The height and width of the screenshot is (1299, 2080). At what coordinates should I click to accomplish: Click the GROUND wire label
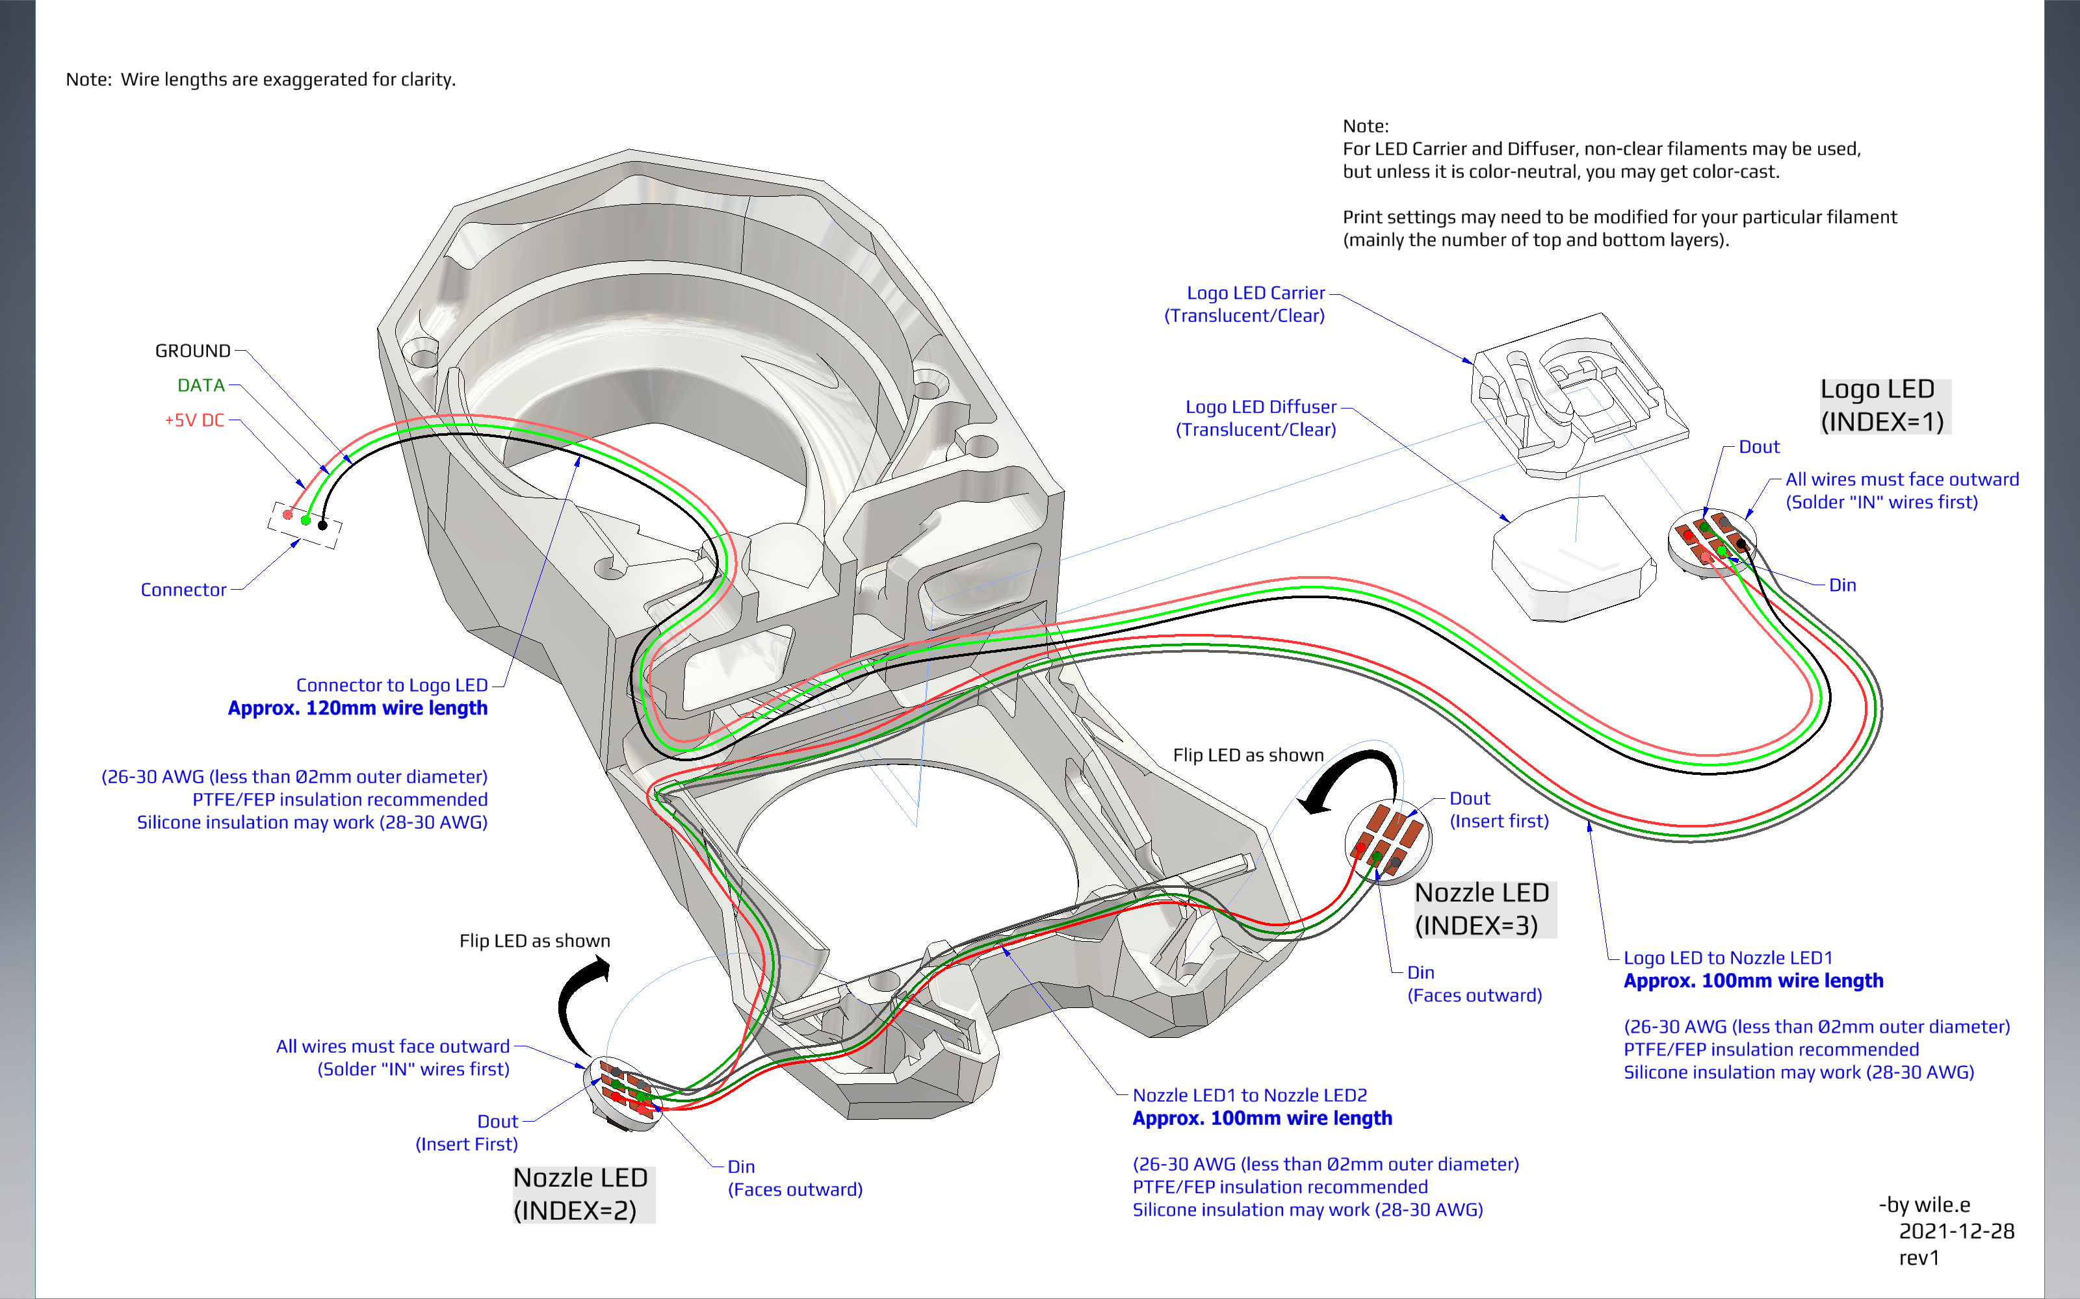(x=192, y=351)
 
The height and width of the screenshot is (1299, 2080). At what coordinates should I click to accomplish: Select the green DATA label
(x=200, y=385)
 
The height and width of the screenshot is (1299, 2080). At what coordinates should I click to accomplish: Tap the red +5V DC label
(x=194, y=420)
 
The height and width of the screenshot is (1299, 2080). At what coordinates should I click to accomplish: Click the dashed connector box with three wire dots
(x=304, y=523)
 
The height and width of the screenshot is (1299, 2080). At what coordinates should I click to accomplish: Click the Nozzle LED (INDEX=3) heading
(x=1483, y=909)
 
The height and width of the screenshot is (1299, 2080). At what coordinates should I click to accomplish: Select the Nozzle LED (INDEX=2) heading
(x=581, y=1193)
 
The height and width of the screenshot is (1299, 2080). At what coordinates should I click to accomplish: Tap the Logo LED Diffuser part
(x=1572, y=557)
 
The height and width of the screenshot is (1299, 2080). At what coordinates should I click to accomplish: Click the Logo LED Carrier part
(x=1577, y=395)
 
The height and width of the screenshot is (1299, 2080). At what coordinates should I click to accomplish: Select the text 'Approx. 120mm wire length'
(x=357, y=708)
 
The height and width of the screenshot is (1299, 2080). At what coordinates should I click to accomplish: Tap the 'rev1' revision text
(x=1919, y=1258)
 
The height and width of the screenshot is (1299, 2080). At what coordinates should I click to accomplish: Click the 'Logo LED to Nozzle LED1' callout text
(x=1728, y=958)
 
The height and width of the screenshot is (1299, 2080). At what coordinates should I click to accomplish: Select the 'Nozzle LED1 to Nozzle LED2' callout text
(x=1249, y=1096)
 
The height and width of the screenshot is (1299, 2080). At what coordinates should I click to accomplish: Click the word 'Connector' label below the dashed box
(x=183, y=589)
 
